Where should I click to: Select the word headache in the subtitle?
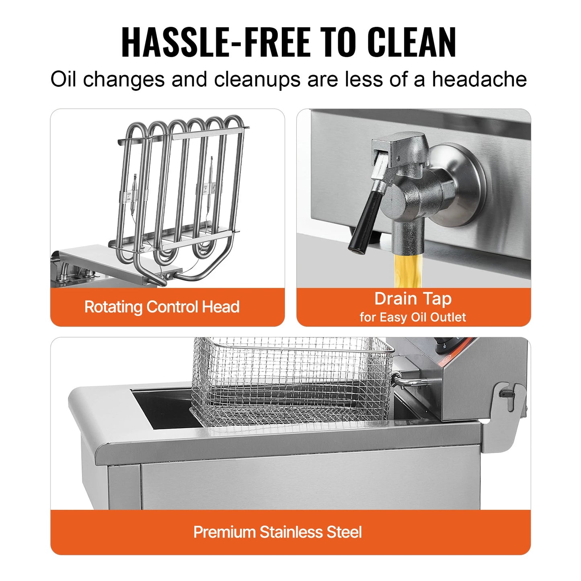pos(479,79)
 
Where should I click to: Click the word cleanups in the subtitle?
pos(257,79)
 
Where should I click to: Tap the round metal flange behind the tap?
pos(462,185)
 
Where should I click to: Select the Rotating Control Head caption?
pos(162,307)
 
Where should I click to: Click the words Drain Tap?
pos(413,299)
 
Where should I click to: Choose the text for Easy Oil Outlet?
pos(413,317)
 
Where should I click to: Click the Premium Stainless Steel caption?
pos(277,532)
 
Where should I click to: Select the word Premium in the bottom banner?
pos(224,532)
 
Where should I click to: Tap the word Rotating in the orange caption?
pos(113,307)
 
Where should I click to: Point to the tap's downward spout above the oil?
pos(407,237)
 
